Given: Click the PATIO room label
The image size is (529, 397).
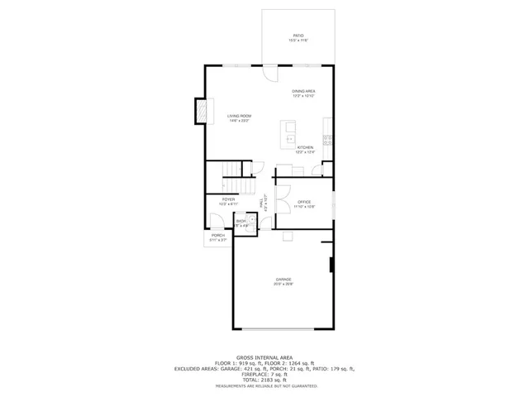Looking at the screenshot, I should (x=298, y=36).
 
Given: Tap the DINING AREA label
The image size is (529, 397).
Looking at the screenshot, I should (x=303, y=91).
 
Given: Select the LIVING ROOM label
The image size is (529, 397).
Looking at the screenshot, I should (x=239, y=116).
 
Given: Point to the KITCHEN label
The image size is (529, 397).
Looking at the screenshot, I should (x=305, y=147).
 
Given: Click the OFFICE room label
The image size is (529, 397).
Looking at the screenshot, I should (x=303, y=202).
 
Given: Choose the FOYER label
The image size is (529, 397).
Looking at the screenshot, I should (x=228, y=199).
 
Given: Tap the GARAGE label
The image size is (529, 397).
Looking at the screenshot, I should (x=284, y=280).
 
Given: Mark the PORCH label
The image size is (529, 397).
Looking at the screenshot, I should (x=217, y=236).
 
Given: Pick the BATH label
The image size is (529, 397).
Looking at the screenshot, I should (x=241, y=221).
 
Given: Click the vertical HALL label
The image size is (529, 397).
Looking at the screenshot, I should (x=262, y=202).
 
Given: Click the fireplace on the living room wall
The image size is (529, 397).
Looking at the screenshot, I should (x=199, y=111).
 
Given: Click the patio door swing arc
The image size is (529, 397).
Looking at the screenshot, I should (x=270, y=73).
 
